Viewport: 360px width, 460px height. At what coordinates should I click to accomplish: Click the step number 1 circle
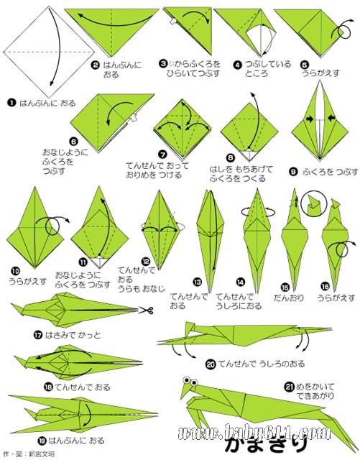(11, 103)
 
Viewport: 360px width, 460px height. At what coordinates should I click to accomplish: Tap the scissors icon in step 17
(146, 310)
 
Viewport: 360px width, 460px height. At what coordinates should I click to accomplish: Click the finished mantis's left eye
(186, 380)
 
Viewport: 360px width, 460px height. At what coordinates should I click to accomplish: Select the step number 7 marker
(162, 155)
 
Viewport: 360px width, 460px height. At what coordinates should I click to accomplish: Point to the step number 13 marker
(198, 282)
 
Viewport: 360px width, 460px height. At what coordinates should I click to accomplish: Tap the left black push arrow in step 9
(309, 119)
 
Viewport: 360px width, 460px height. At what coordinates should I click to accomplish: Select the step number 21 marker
(290, 387)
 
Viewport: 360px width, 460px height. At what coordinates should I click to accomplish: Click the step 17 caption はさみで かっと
(72, 335)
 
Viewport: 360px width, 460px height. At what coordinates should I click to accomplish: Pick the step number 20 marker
(211, 364)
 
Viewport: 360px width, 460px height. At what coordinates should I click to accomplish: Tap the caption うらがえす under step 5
(320, 73)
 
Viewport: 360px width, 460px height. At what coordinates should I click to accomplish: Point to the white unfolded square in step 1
(49, 52)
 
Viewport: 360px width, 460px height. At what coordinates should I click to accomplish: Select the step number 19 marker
(42, 441)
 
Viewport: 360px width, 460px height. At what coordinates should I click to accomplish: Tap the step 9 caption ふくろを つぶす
(330, 172)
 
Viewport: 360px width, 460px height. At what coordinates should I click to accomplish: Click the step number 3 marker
(163, 63)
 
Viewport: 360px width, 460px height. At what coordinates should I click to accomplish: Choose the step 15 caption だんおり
(289, 298)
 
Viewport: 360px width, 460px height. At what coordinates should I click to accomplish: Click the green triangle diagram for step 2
(111, 32)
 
